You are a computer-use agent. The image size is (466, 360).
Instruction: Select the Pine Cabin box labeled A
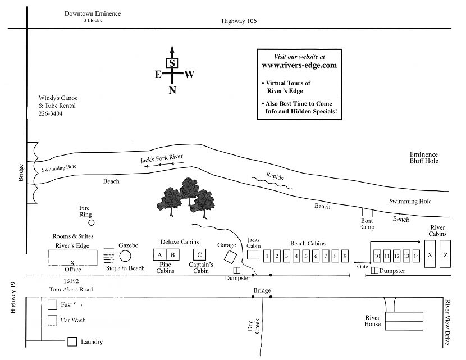pos(160,254)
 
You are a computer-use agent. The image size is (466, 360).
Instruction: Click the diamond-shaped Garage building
pos(230,256)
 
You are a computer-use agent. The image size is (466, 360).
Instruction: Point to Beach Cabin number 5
pos(306,257)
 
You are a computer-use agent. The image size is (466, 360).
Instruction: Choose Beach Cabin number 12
pos(397,257)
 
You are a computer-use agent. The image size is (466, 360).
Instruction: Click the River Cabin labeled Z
pos(445,254)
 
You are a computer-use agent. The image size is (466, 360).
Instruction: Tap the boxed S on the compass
pos(172,63)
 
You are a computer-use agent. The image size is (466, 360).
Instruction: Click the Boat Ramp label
pos(367,224)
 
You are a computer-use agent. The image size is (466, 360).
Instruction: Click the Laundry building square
pos(72,341)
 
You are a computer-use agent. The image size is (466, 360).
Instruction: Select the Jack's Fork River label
pos(162,160)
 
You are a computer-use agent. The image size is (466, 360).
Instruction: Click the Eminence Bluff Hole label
pos(423,158)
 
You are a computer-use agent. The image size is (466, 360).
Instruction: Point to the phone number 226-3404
pos(51,113)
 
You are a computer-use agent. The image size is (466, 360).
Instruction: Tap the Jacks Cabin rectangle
pos(254,254)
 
